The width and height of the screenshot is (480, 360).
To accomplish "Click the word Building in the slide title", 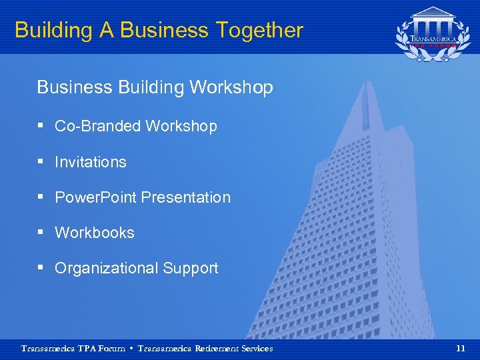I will click(52, 31).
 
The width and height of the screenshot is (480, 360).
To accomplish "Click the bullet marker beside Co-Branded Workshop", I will click(42, 125).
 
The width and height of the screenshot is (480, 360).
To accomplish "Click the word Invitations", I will click(91, 162).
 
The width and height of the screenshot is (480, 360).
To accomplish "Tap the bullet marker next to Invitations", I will click(42, 161).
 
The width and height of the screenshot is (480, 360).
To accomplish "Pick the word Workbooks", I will click(95, 233).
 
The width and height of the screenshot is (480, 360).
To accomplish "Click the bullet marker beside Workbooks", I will click(42, 231).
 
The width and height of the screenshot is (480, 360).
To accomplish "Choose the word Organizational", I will click(107, 268).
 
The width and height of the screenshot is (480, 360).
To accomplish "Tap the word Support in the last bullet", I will click(191, 268).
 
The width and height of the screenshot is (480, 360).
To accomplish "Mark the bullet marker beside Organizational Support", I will click(42, 267).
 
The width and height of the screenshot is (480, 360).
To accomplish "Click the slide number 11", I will click(460, 348).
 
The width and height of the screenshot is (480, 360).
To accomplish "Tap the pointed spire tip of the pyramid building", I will click(365, 84).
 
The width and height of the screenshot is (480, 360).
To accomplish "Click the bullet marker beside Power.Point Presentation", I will click(42, 196).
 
